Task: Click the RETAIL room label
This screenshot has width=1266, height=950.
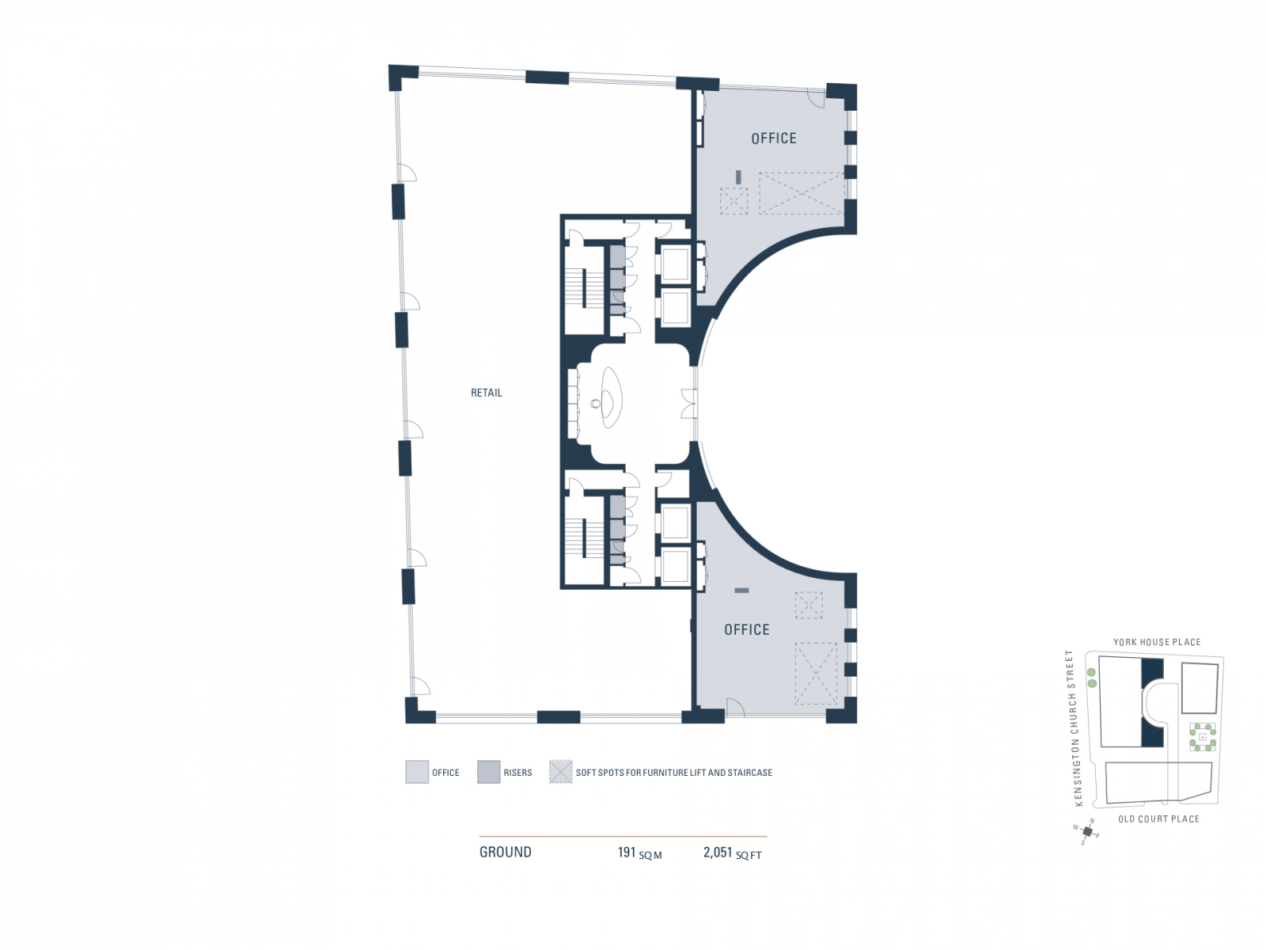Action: tap(486, 393)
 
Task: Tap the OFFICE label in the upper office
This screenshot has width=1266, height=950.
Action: tap(773, 139)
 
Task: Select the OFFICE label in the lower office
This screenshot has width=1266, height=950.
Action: tap(746, 629)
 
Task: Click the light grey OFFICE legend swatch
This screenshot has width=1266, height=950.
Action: tap(417, 772)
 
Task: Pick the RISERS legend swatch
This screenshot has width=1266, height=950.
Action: tap(488, 772)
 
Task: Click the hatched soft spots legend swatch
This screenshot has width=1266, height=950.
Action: tap(560, 772)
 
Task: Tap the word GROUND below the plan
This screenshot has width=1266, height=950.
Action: tap(505, 853)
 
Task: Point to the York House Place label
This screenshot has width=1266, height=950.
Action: tap(1156, 642)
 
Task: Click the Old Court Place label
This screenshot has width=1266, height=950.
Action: tap(1158, 819)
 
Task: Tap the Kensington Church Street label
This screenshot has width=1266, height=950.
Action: tap(1073, 728)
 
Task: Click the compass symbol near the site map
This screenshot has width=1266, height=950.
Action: tap(1087, 831)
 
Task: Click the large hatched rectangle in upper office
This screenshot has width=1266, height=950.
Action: tap(801, 193)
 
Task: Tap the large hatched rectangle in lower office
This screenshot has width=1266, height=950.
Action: tap(816, 673)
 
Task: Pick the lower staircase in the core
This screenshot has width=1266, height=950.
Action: tap(584, 538)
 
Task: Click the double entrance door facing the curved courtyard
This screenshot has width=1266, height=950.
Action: tap(690, 404)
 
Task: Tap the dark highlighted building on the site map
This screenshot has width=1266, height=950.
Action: tap(1151, 703)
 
